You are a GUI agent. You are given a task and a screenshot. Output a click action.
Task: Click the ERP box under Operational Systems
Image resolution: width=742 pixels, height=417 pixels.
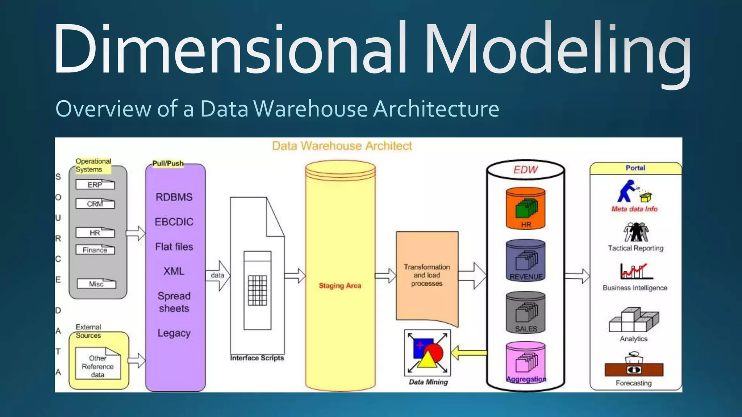(x=95, y=185)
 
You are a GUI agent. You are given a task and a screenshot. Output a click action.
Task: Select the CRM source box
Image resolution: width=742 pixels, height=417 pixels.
(x=95, y=204)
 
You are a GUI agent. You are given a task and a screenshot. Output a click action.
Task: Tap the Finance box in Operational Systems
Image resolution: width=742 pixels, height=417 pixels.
(x=95, y=250)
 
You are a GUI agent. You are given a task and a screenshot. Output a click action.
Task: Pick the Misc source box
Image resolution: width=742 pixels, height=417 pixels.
(x=96, y=284)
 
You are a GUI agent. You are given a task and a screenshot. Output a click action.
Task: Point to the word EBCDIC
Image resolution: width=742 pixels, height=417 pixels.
(x=174, y=222)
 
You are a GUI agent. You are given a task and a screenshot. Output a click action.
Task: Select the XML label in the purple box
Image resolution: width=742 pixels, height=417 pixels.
(x=174, y=271)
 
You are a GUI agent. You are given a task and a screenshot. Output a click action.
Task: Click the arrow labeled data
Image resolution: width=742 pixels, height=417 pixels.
(x=218, y=275)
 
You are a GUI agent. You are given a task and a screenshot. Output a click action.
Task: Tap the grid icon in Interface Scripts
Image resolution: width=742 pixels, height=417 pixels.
(x=258, y=290)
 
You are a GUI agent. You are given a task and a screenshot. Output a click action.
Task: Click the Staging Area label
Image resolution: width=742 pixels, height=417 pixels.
(x=340, y=286)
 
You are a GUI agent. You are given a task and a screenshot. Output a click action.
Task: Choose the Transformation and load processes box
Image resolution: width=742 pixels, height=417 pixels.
(x=427, y=275)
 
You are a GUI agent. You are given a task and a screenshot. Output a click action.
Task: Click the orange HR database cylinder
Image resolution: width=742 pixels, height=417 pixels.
(x=525, y=208)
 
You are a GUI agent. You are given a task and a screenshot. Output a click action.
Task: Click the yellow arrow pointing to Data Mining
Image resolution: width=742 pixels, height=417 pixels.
(x=469, y=352)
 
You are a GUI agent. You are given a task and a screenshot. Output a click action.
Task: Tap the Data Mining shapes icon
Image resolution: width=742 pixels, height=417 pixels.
(x=428, y=353)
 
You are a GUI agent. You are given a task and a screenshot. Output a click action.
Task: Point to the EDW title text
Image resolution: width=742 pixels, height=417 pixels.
(x=525, y=170)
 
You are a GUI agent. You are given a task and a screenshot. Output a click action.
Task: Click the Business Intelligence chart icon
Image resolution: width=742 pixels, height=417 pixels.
(x=636, y=271)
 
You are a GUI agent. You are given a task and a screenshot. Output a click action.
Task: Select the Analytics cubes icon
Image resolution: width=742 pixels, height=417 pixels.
(x=634, y=320)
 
